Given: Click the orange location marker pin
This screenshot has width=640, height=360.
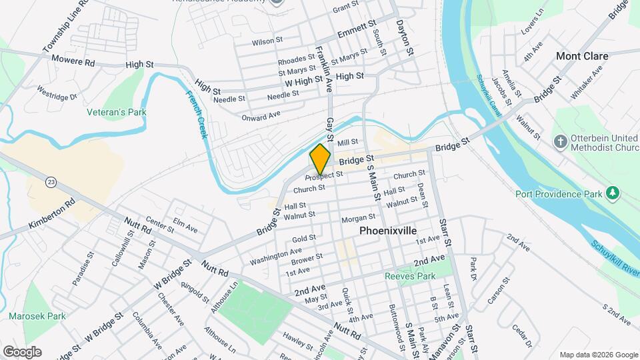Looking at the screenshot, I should click(320, 160).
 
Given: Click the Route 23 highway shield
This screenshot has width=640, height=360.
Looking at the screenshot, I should click(51, 181).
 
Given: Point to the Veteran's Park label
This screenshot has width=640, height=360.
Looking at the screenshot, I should click(117, 112).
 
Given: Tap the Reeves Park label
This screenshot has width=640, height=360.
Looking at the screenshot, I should click(410, 276).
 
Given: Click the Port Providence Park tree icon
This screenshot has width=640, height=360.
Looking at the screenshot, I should click(612, 193).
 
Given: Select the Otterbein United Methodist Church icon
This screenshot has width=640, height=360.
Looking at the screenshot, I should click(561, 141).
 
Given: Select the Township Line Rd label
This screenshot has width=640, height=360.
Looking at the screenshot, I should click(65, 27).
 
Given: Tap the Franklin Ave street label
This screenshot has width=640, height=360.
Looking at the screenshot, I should click(324, 59).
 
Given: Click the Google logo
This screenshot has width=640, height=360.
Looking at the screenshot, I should click(22, 352).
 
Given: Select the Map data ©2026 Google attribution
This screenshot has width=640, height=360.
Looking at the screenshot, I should click(598, 355).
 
